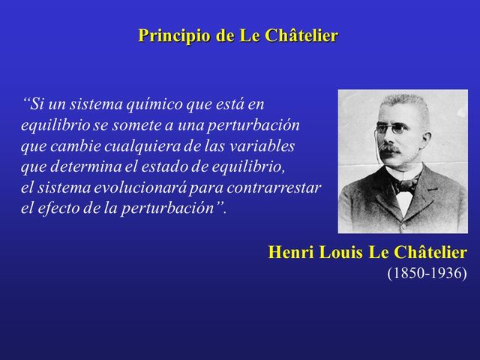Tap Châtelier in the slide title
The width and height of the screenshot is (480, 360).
[300, 36]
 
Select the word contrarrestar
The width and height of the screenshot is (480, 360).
[278, 187]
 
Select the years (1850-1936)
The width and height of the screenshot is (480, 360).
[426, 272]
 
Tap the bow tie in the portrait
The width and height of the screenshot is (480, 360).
[406, 184]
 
